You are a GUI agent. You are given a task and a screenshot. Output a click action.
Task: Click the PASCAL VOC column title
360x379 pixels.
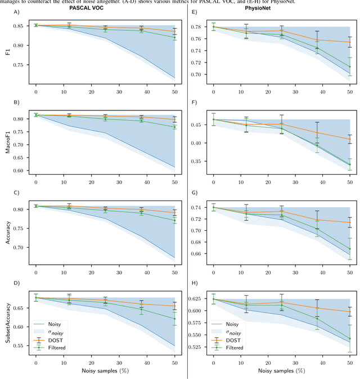pyautogui.click(x=93, y=9)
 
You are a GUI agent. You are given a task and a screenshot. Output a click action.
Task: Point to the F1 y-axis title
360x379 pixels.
pyautogui.click(x=7, y=51)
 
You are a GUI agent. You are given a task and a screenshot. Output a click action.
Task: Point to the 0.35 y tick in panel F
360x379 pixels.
pyautogui.click(x=199, y=162)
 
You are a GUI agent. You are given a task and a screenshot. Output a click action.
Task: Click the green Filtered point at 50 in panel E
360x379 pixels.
pyautogui.click(x=349, y=66)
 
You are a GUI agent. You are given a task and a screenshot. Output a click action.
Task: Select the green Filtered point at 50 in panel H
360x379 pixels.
pyautogui.click(x=349, y=339)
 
